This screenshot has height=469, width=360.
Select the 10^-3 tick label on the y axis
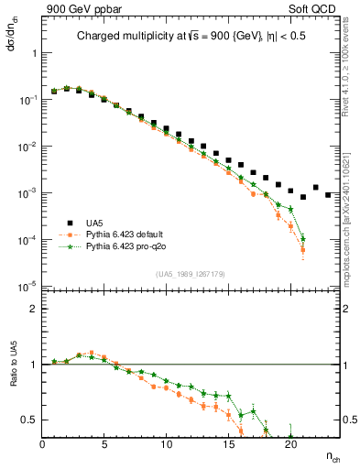(27, 193)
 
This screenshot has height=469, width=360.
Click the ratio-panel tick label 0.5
(29, 420)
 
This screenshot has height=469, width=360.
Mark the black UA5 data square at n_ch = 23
(328, 194)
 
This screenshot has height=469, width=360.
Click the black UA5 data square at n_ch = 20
(290, 191)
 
